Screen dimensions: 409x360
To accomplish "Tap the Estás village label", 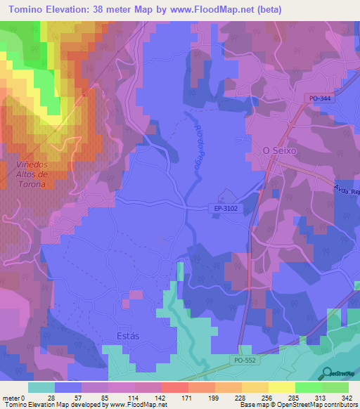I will pos(124,335).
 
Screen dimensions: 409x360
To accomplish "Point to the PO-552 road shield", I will pos(243,359).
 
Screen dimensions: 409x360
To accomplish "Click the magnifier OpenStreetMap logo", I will pos(325,372).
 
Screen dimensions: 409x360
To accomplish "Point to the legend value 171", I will pos(187,397).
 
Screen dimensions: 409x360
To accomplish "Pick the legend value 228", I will pos(240,397).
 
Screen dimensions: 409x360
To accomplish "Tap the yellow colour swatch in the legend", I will pos(281,387).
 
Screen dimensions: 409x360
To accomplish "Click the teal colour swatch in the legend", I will pos(41,387).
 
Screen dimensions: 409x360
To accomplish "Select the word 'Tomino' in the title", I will pos(25,9).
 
